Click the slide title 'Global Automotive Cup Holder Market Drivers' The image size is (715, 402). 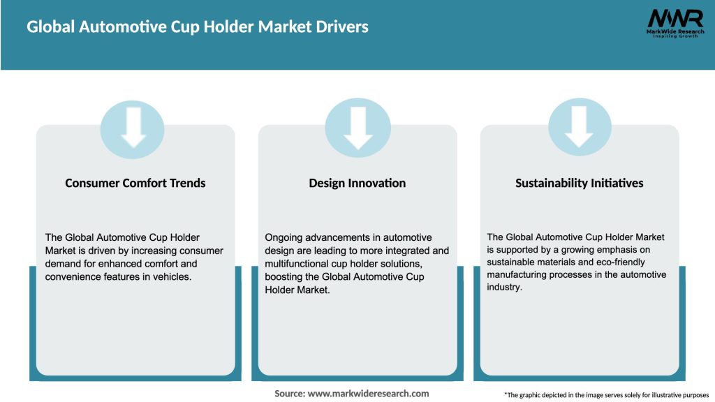click(198, 27)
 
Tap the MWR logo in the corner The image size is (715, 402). click(675, 18)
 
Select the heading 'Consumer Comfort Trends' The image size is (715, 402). click(135, 183)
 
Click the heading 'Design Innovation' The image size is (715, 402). click(357, 183)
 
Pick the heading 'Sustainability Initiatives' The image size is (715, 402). click(580, 183)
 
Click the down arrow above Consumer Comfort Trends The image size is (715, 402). click(133, 126)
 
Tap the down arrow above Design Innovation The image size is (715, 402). click(357, 126)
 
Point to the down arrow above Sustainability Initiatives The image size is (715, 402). click(580, 126)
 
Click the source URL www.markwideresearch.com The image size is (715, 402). click(368, 394)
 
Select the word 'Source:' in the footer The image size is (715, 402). click(290, 394)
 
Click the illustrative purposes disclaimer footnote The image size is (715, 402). click(606, 395)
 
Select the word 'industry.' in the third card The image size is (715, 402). click(504, 288)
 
